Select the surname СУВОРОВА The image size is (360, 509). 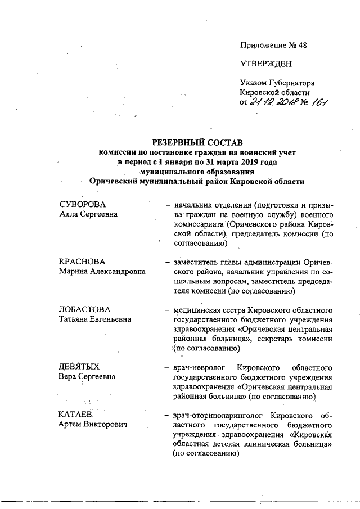83,204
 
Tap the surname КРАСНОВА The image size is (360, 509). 83,262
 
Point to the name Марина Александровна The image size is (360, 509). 102,272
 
